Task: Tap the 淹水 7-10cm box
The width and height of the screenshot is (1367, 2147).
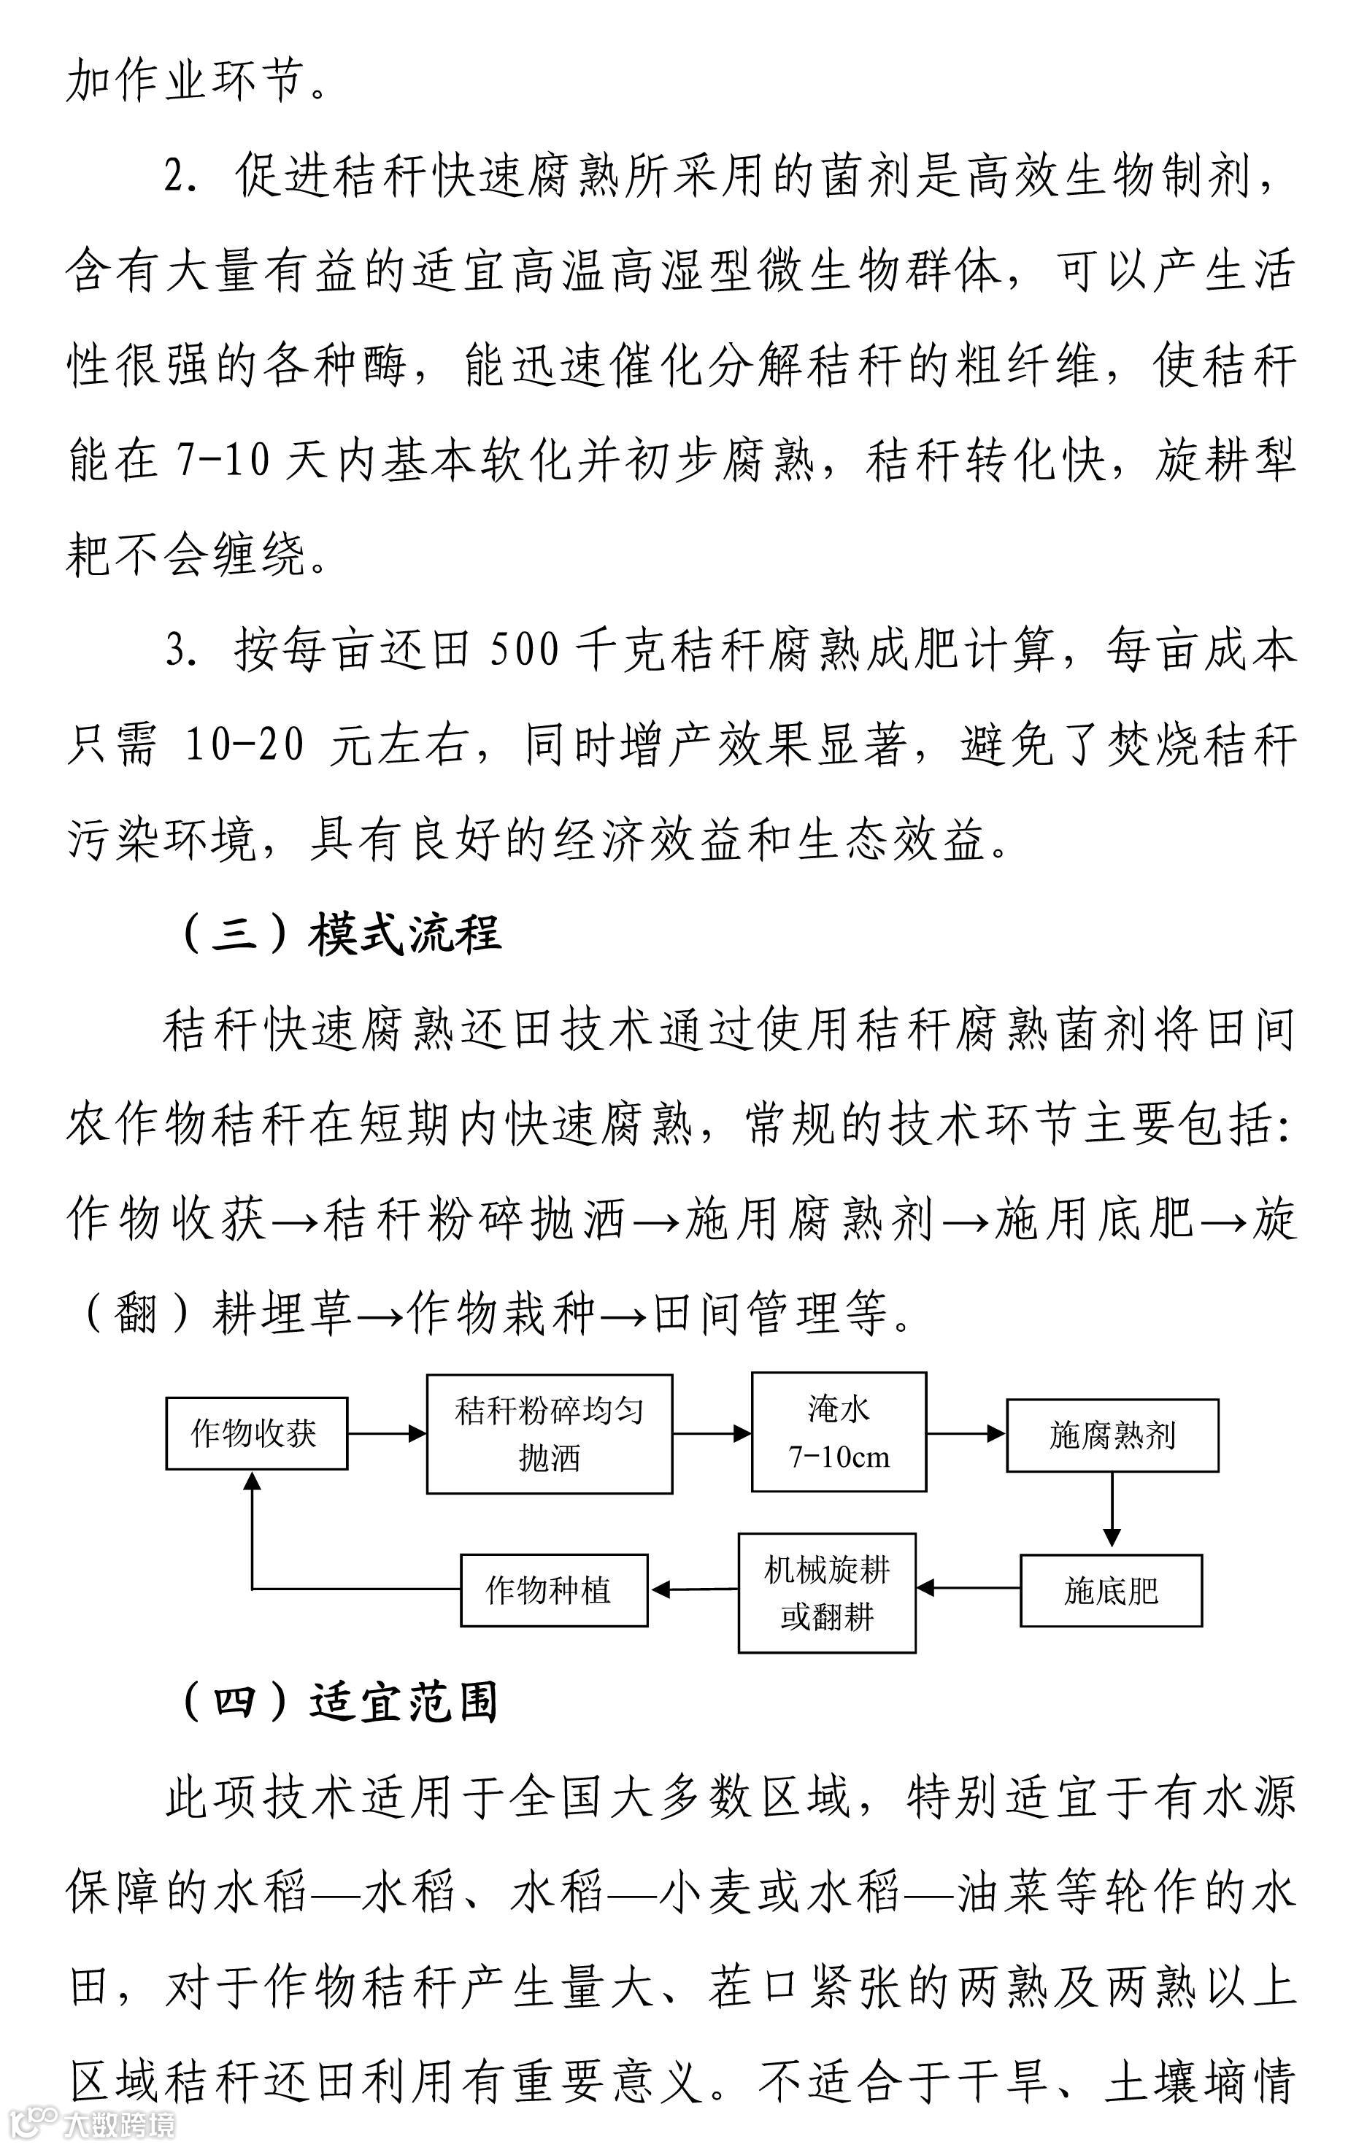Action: (838, 1432)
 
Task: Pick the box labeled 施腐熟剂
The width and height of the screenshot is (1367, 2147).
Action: (1112, 1435)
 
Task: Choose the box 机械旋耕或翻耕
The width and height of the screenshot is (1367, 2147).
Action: (827, 1592)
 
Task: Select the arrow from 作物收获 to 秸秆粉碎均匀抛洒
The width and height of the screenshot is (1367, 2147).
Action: (386, 1434)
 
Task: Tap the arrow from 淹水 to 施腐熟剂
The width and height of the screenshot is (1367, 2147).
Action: (966, 1434)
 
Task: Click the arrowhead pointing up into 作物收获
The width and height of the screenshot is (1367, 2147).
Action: (253, 1481)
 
